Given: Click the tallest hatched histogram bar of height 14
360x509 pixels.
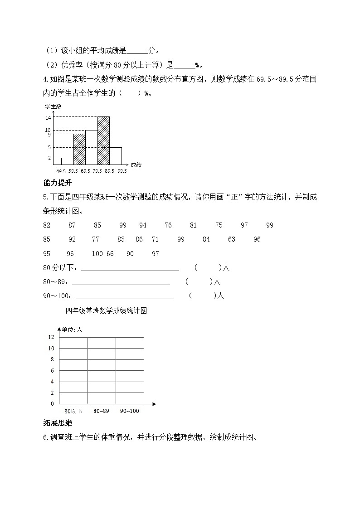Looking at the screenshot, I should (x=103, y=141).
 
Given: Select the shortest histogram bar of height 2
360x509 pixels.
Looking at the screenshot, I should (x=67, y=161).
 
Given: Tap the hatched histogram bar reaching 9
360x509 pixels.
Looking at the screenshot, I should (x=79, y=149).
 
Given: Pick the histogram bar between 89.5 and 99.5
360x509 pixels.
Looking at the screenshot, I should (x=116, y=155).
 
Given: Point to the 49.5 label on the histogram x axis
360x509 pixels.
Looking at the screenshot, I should (x=61, y=171).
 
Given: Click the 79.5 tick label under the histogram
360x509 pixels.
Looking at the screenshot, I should (x=97, y=171).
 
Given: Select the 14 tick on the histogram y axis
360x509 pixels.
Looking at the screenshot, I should (x=48, y=117).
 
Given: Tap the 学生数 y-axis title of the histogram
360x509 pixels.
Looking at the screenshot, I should (x=53, y=107).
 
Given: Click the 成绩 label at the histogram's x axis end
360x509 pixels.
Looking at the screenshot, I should (x=136, y=165).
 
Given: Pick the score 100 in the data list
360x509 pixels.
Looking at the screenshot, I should (x=97, y=254).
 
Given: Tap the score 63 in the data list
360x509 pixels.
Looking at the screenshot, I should (x=232, y=239).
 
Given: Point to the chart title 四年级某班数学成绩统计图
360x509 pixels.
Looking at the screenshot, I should (x=107, y=311).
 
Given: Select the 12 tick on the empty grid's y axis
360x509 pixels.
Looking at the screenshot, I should (x=51, y=337).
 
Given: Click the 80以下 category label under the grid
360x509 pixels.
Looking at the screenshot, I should (x=73, y=411).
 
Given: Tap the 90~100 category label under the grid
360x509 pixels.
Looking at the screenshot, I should (x=130, y=411).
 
